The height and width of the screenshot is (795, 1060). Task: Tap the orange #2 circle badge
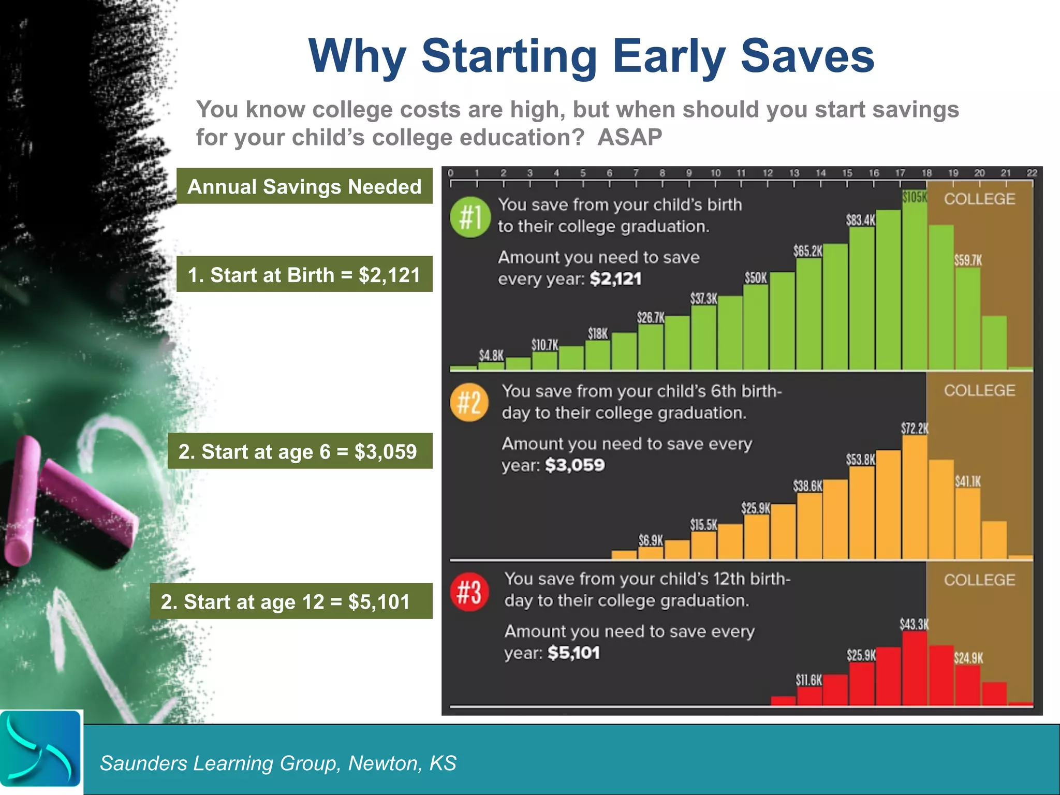click(469, 403)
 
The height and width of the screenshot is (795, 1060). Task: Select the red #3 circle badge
click(469, 592)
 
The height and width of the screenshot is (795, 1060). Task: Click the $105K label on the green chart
click(915, 197)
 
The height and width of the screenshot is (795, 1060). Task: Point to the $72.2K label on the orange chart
click(915, 429)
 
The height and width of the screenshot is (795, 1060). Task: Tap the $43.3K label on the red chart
click(914, 624)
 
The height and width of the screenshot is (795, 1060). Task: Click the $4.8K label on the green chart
click(491, 356)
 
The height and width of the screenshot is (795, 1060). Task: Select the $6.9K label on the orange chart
click(651, 541)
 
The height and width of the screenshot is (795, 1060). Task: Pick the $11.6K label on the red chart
click(808, 680)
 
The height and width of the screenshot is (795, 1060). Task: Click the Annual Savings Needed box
click(304, 186)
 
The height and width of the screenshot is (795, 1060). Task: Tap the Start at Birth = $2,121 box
click(304, 274)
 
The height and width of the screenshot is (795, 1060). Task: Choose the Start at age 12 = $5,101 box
click(291, 601)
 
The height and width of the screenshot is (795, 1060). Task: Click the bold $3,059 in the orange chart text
click(575, 465)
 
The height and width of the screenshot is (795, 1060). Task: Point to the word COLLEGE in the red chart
click(979, 580)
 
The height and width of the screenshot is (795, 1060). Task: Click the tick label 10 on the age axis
click(715, 173)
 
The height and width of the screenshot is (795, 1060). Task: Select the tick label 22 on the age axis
click(1032, 173)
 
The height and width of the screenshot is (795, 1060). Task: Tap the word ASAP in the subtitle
click(629, 138)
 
